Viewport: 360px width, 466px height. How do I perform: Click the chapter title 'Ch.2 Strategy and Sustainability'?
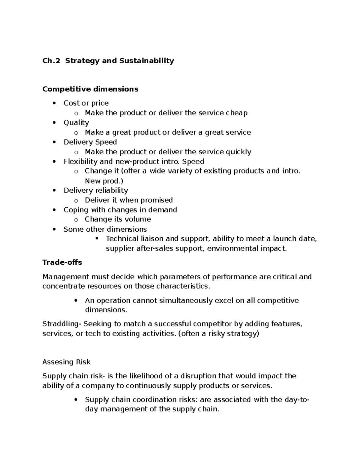[108, 61]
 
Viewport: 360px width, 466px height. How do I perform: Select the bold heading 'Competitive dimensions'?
[90, 89]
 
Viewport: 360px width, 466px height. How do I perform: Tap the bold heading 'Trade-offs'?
[62, 263]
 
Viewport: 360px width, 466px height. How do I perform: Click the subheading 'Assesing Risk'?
[66, 362]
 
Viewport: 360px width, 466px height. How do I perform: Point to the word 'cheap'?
[237, 113]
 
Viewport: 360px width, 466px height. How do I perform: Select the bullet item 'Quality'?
[76, 123]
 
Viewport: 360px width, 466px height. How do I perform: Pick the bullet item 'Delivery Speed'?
[90, 142]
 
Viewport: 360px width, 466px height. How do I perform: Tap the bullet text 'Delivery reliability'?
[96, 191]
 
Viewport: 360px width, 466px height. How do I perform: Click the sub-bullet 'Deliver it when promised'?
[129, 200]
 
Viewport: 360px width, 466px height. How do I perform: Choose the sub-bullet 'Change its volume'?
[118, 219]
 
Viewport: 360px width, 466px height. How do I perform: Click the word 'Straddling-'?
[62, 324]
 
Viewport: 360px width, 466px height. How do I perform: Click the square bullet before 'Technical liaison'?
[97, 239]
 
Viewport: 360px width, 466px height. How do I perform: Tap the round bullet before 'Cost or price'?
[54, 103]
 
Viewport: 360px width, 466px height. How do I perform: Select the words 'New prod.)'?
[104, 181]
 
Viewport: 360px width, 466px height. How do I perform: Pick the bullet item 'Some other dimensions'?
[105, 230]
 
